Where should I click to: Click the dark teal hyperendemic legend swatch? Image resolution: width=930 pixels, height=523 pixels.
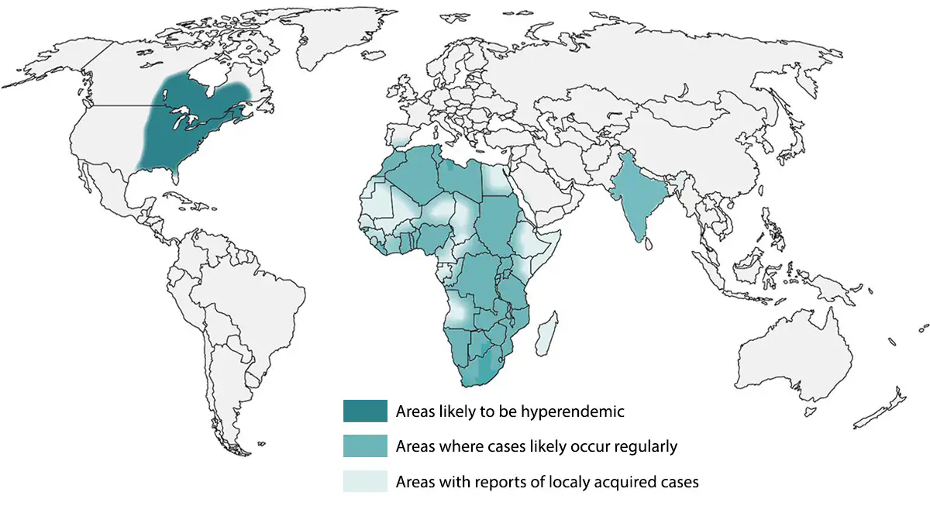point(365,411)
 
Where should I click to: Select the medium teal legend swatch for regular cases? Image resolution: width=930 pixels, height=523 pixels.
point(365,446)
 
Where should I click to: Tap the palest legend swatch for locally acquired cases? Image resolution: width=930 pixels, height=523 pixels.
point(365,481)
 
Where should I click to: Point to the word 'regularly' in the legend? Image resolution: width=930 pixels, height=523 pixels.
point(643,446)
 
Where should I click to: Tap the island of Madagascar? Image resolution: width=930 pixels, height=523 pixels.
point(547,333)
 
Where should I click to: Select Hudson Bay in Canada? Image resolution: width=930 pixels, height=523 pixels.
point(209,77)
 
